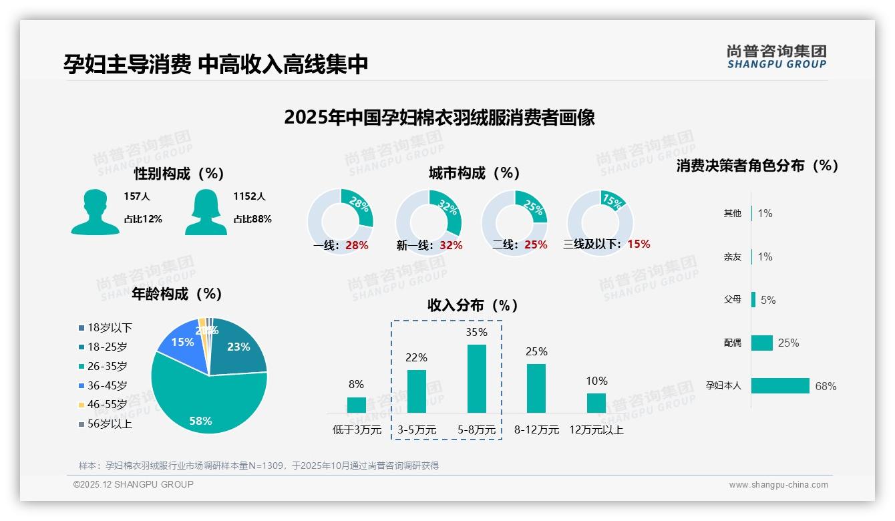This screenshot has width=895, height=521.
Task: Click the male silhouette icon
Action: click(95, 212)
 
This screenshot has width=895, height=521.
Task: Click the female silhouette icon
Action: click(206, 212)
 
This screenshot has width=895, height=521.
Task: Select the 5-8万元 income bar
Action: click(476, 379)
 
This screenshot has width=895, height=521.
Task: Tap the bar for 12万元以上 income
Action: click(596, 403)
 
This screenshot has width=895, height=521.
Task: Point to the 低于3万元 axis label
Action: click(356, 430)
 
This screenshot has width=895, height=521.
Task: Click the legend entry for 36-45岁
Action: click(104, 385)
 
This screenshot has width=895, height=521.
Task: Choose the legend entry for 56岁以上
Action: click(105, 423)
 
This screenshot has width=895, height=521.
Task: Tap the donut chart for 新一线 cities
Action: click(428, 222)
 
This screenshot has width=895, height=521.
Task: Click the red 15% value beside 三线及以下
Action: click(639, 244)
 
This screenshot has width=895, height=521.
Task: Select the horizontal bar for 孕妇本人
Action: click(780, 386)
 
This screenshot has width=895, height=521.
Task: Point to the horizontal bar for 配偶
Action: click(761, 343)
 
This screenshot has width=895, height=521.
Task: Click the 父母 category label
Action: click(733, 300)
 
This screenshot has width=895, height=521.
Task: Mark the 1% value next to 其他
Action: click(765, 213)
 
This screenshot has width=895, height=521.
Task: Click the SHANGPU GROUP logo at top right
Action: click(776, 57)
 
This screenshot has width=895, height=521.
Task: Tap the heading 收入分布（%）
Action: click(473, 306)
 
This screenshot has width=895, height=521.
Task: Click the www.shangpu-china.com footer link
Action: click(778, 485)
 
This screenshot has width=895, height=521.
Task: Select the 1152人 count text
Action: click(249, 196)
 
